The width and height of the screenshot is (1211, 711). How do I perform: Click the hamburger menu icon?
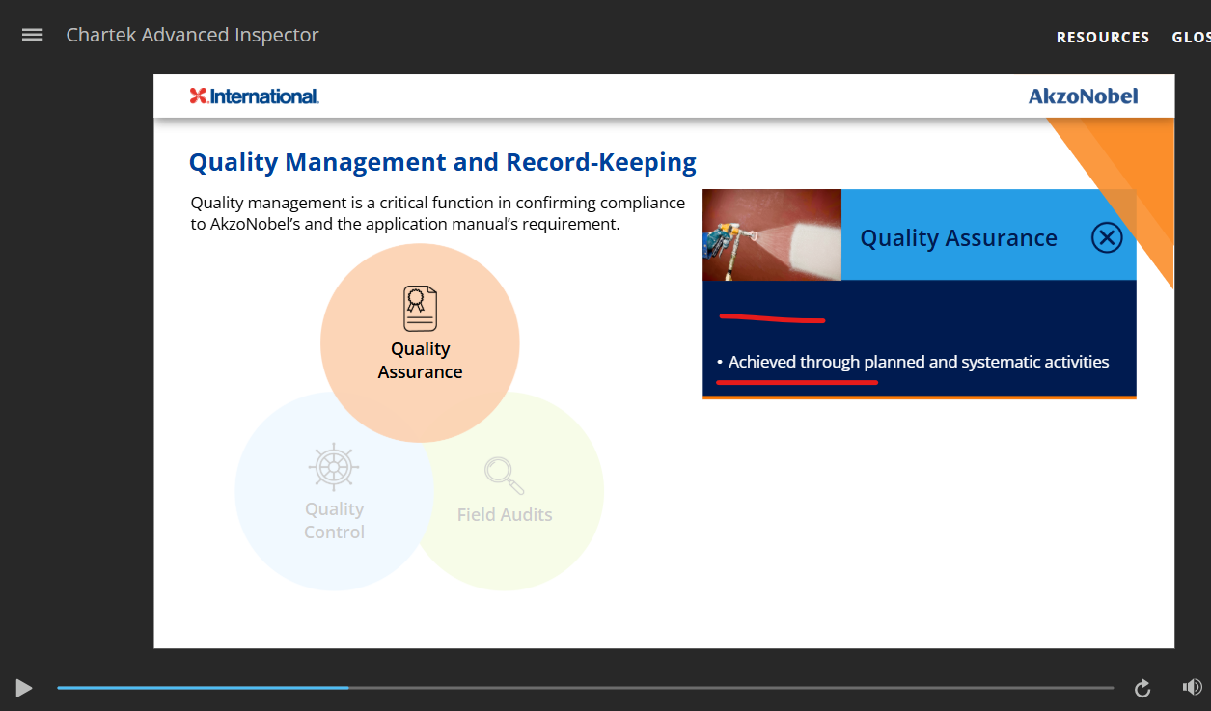(33, 35)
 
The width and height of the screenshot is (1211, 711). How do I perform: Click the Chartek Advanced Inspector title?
(192, 35)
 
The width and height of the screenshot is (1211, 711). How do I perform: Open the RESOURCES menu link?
(1103, 38)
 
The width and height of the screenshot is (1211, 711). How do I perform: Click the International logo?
(254, 96)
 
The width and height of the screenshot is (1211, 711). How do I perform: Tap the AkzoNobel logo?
(1083, 96)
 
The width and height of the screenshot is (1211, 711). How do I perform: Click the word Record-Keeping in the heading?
(601, 162)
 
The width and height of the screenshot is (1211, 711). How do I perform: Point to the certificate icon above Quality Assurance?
(420, 308)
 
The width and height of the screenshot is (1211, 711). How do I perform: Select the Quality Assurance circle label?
(420, 360)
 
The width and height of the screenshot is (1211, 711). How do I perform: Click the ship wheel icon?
(334, 467)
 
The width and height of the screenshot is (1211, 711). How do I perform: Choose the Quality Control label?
(334, 520)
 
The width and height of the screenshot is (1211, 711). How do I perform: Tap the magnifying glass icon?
(504, 476)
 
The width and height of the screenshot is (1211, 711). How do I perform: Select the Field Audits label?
(505, 514)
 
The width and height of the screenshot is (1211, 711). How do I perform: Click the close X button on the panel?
(1107, 237)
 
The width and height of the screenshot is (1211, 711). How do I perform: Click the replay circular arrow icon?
(1142, 688)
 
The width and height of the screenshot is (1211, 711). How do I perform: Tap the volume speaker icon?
(1192, 687)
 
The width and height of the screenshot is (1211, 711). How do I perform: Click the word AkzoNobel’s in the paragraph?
(255, 224)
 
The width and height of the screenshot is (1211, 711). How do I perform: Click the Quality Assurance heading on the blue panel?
(958, 238)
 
